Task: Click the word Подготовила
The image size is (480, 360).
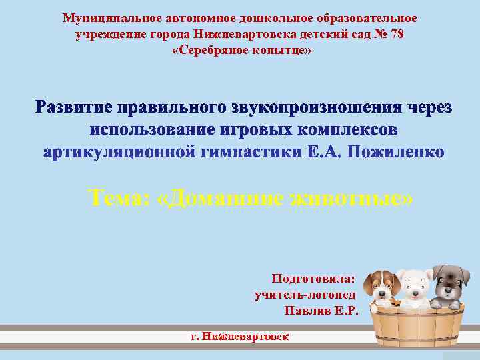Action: click(313, 278)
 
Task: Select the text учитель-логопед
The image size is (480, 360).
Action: click(305, 294)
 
